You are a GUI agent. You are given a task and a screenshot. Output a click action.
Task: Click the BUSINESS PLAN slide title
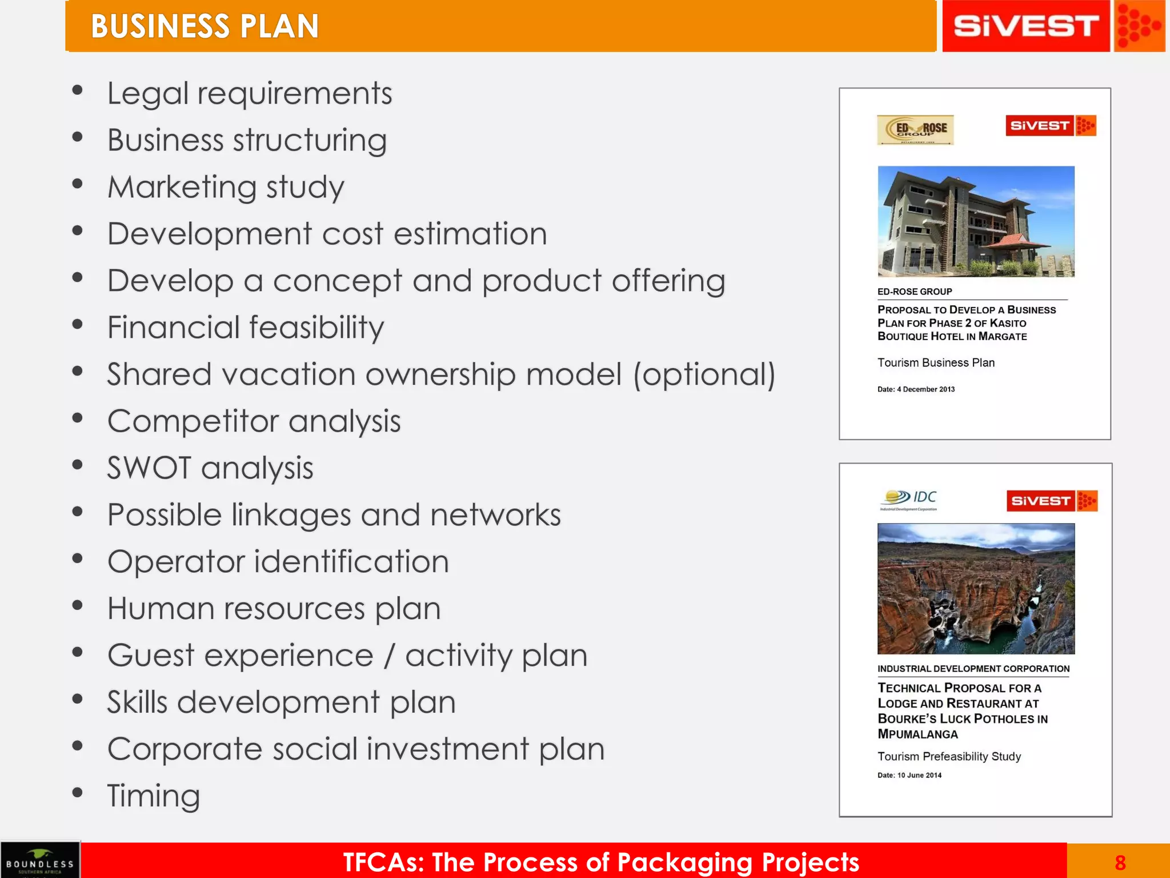pos(205,26)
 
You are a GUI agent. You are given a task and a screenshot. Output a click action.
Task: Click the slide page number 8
pos(1120,862)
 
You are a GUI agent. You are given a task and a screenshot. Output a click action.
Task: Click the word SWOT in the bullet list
pos(149,468)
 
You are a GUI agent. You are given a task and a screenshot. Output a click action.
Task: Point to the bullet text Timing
pos(154,795)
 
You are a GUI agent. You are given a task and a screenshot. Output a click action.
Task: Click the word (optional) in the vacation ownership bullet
pos(704,374)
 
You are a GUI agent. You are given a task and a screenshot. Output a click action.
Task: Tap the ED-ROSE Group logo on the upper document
pos(915,130)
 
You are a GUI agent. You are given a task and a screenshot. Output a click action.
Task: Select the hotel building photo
pos(976,221)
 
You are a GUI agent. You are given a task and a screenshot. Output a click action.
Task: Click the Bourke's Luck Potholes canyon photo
pos(976,588)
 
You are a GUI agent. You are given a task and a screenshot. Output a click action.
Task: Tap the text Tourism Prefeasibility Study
pos(949,756)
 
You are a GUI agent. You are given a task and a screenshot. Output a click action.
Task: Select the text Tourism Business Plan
pos(936,362)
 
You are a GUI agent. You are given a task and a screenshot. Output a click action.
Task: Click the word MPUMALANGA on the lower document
pos(917,734)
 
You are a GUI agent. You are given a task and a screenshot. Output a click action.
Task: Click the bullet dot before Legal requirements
pos(78,90)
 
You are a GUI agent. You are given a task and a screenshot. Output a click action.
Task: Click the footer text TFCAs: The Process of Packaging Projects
pos(600,862)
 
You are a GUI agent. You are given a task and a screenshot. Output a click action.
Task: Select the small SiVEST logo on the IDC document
pos(1051,501)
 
